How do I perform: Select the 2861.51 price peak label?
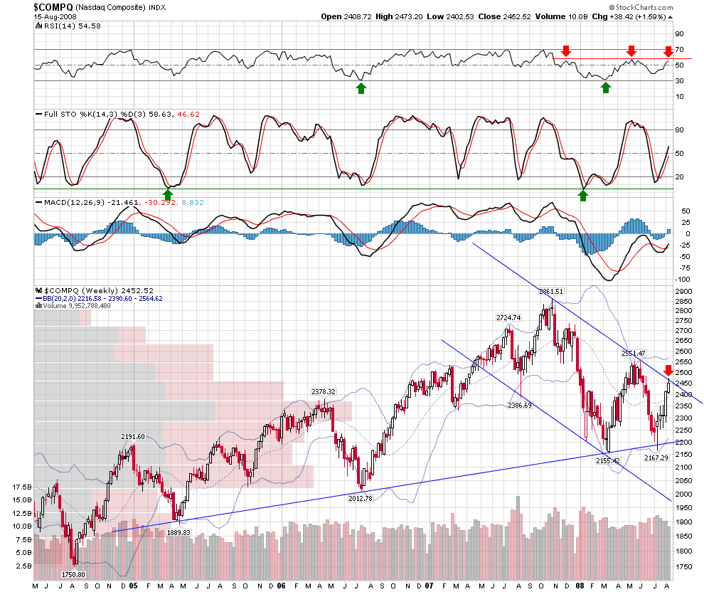pyautogui.click(x=550, y=291)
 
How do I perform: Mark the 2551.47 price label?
pyautogui.click(x=633, y=353)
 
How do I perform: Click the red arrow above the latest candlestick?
pyautogui.click(x=668, y=370)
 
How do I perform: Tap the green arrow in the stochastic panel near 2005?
pyautogui.click(x=168, y=194)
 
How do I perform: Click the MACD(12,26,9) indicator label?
pyautogui.click(x=70, y=203)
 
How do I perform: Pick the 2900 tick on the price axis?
pyautogui.click(x=683, y=292)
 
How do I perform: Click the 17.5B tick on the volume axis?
pyautogui.click(x=22, y=488)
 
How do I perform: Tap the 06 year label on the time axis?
pyautogui.click(x=281, y=585)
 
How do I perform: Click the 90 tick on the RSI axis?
pyautogui.click(x=679, y=33)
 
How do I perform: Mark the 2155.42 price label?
pyautogui.click(x=608, y=460)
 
